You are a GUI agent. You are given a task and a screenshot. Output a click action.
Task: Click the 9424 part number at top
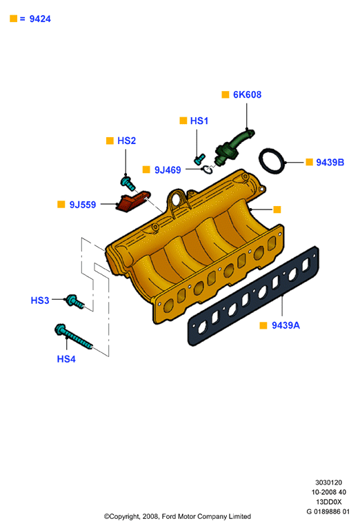point(40,19)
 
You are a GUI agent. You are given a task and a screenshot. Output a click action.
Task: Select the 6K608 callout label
point(248,94)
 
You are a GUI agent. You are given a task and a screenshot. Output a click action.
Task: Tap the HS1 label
point(199,121)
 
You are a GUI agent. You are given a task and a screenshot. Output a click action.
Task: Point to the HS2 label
point(126,141)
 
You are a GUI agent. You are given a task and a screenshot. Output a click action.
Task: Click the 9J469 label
point(168,170)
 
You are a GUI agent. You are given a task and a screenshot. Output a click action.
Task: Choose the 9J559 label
point(83,205)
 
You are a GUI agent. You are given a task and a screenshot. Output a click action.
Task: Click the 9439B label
point(330,162)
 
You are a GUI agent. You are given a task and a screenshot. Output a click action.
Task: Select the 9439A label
point(286,325)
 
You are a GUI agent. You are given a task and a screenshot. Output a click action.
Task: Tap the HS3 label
point(40,300)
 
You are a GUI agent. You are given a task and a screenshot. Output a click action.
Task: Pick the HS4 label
point(66,358)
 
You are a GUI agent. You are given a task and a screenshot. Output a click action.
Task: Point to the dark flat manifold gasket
point(253,296)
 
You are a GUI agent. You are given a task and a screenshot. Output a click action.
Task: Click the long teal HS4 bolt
point(73,337)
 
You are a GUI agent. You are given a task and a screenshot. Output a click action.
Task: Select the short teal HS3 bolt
point(74,301)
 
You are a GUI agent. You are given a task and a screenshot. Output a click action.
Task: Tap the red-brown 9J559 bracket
point(132,202)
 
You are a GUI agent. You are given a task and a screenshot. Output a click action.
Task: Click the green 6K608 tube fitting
point(234,147)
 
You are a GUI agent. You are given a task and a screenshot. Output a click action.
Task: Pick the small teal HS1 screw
point(199,159)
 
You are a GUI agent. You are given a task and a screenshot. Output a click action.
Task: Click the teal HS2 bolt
point(128,183)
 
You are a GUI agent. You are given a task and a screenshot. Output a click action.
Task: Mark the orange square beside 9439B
point(309,162)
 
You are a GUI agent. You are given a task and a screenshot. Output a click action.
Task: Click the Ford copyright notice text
point(177,516)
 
